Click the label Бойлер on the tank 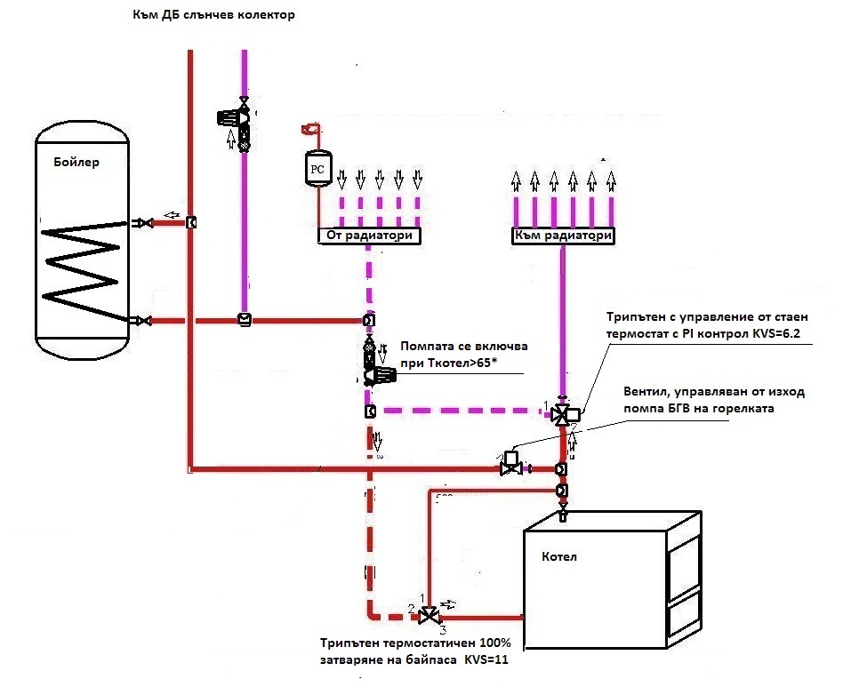tap(76, 162)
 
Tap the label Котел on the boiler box tap(559, 556)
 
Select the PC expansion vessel tap(317, 169)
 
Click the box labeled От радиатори tap(369, 236)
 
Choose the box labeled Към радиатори tap(563, 236)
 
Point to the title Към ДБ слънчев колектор tap(213, 14)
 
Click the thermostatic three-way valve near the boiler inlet tap(430, 616)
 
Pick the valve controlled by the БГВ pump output tap(510, 464)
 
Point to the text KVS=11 tap(486, 659)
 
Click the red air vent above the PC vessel tap(311, 129)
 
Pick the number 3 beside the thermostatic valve tap(443, 629)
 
